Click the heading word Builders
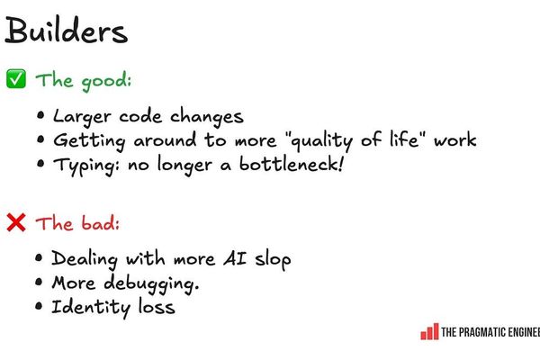click(x=66, y=32)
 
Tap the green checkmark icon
click(x=16, y=79)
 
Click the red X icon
click(x=16, y=221)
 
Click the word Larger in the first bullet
click(x=78, y=117)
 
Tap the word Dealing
click(x=85, y=259)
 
